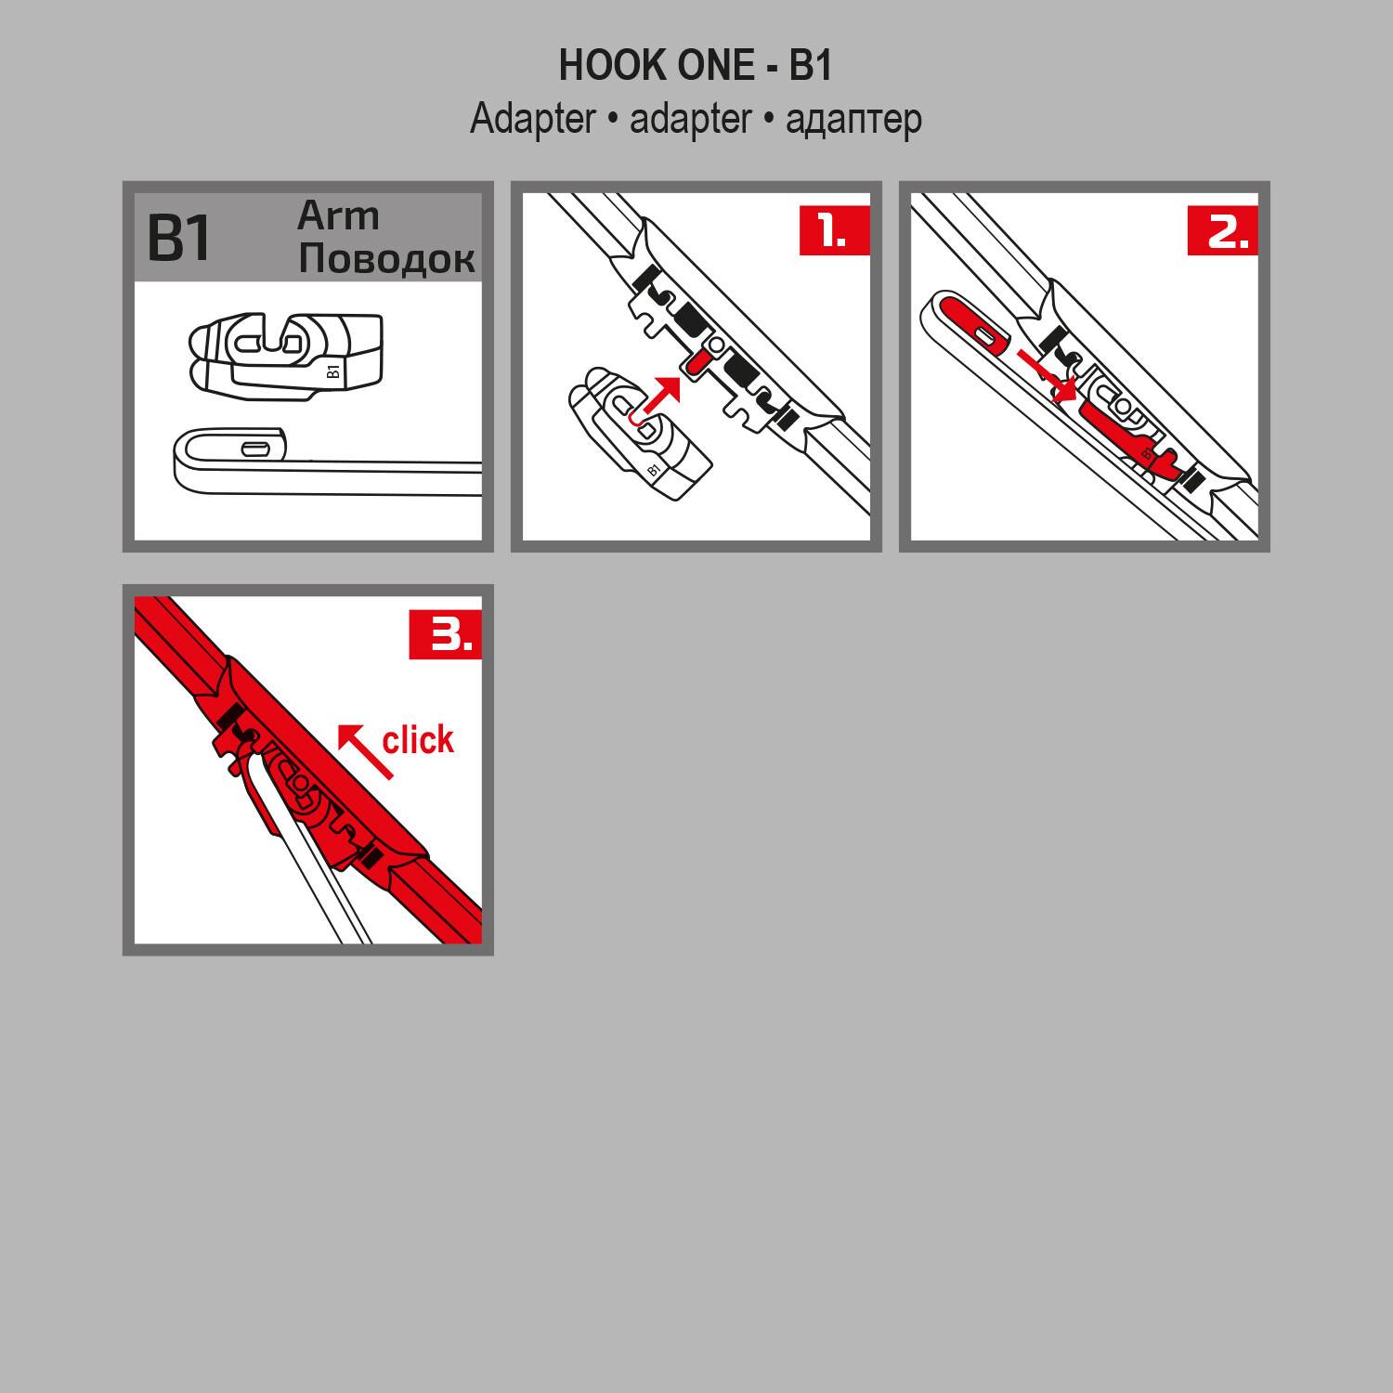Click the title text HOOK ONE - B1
[x=696, y=65]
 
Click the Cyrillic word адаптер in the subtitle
[x=853, y=120]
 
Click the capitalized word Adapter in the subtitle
[x=532, y=120]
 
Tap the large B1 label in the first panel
[x=179, y=238]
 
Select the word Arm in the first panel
[x=338, y=216]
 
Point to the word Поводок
[x=386, y=259]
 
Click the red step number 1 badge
[x=834, y=231]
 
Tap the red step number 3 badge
[x=446, y=635]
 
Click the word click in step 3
[x=418, y=740]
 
